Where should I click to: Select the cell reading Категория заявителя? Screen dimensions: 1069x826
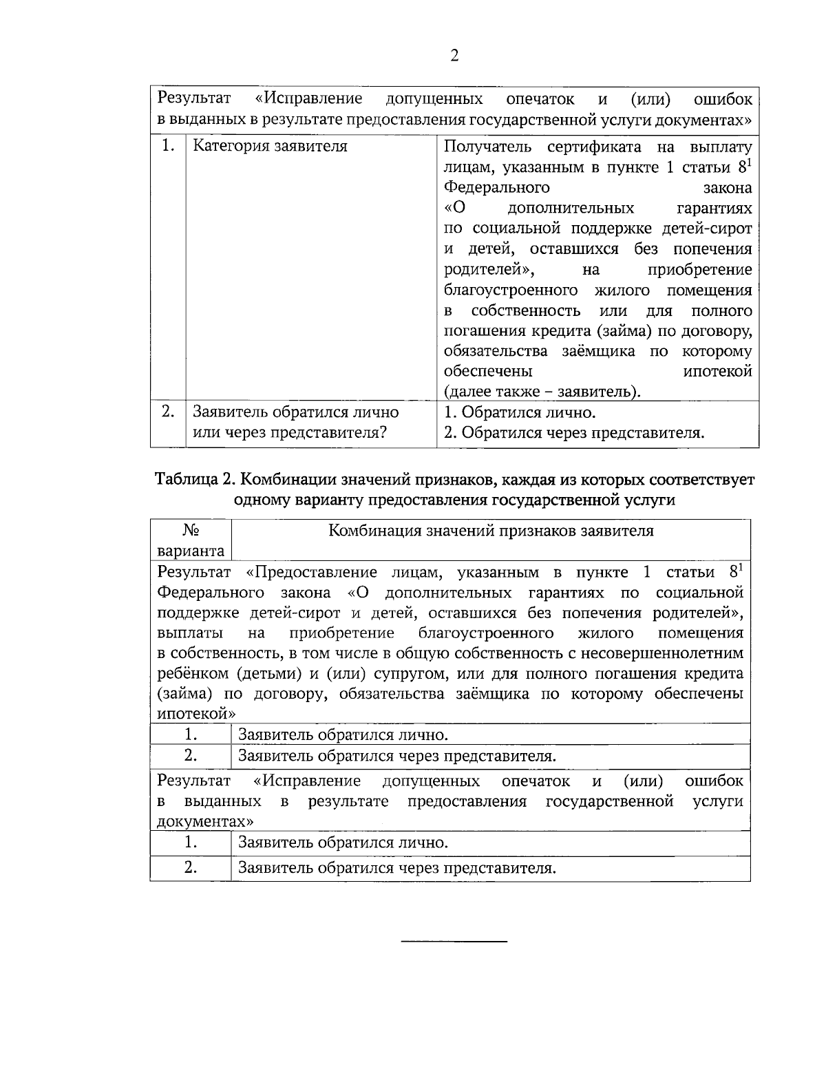tap(270, 147)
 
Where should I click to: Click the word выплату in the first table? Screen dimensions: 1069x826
tap(720, 147)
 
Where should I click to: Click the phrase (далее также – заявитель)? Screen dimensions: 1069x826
tap(542, 392)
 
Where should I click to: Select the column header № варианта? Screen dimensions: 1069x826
tap(191, 540)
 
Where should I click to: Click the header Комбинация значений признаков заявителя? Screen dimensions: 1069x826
tap(491, 531)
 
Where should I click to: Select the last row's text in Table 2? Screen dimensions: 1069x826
tap(396, 869)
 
